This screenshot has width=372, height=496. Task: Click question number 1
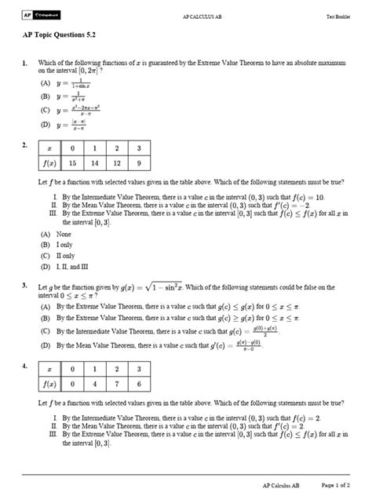pyautogui.click(x=25, y=63)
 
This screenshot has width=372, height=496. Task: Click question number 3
pyautogui.click(x=25, y=286)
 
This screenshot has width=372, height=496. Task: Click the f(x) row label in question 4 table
pyautogui.click(x=48, y=385)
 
